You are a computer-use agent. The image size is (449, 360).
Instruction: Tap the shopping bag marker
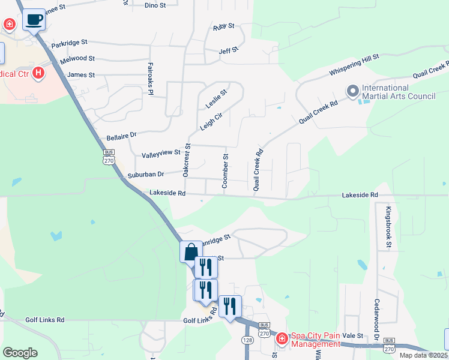(191, 251)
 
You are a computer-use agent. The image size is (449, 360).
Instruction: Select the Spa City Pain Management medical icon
(282, 339)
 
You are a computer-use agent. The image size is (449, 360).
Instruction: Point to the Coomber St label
(226, 172)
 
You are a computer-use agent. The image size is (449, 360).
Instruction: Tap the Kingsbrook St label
(388, 227)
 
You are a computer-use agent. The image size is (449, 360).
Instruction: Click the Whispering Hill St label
(354, 65)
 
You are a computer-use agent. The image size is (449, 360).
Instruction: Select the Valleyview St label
(161, 154)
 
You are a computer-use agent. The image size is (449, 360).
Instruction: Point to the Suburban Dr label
(145, 175)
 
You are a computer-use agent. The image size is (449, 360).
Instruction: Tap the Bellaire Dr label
(121, 136)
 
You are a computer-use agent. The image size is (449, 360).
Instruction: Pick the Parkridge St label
(69, 43)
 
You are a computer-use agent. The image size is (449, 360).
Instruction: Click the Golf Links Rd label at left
(44, 320)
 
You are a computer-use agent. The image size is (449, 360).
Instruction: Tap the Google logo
(20, 353)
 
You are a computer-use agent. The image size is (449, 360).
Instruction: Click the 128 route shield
(247, 340)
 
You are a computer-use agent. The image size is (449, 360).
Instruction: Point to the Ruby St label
(223, 27)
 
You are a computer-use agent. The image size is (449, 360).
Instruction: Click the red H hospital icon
(38, 73)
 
